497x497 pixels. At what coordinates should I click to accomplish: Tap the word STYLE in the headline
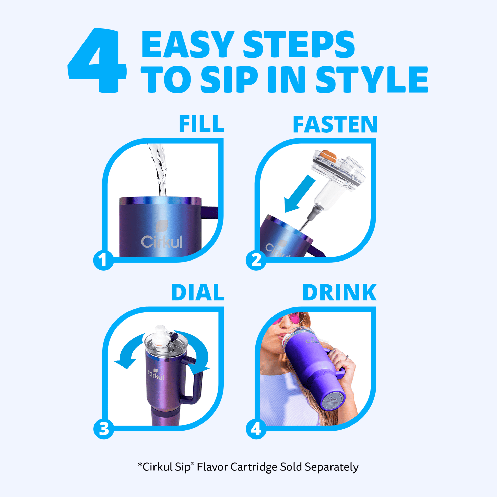371,79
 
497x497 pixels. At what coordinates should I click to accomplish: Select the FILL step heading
201,124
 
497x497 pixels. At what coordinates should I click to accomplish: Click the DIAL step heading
198,292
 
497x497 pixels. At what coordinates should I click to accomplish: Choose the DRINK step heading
340,292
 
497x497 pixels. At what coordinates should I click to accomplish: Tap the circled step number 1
104,260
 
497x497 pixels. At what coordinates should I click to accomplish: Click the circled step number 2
256,260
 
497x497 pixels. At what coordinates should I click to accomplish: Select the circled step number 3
104,429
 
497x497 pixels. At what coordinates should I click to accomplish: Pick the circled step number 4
256,429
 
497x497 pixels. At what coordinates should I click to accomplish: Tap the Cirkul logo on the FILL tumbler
162,235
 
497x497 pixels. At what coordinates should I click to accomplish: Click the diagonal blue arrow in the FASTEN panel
300,194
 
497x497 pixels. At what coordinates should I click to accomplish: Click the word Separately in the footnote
332,467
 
